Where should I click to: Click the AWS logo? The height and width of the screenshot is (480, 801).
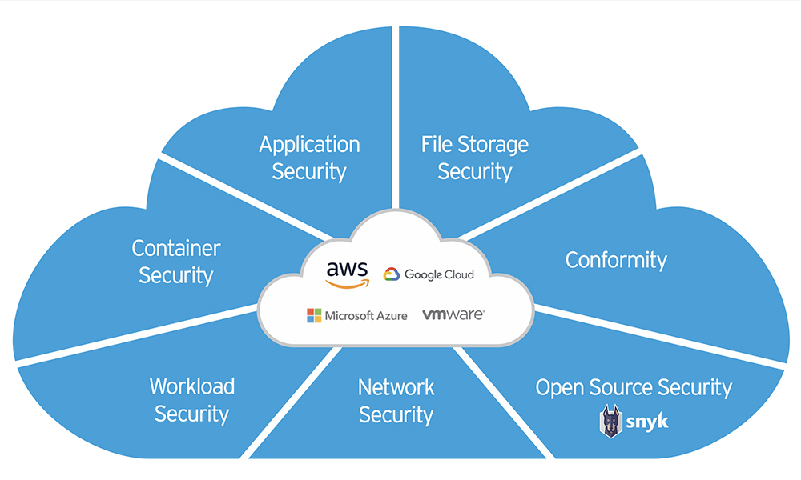(348, 274)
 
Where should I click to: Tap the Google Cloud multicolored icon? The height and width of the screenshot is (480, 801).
(392, 274)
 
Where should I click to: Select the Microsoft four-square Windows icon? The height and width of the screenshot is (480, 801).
(314, 315)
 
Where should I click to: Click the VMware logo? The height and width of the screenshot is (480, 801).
(453, 314)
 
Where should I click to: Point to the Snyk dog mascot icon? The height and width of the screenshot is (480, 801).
(610, 422)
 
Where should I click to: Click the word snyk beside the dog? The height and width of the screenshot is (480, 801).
(647, 422)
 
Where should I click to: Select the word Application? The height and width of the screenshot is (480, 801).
(309, 145)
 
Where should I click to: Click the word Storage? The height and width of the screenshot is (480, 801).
(493, 146)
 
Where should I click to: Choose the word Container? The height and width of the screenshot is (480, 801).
(176, 249)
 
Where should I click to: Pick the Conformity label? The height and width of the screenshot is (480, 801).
(616, 261)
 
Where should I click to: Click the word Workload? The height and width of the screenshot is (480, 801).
(192, 386)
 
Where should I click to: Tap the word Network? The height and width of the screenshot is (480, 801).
(396, 387)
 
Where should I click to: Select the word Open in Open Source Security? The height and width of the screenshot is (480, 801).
(560, 388)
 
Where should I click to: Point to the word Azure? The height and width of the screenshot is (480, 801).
(392, 316)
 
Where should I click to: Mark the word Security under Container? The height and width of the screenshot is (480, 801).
(176, 275)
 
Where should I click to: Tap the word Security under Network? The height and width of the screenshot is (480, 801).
(396, 414)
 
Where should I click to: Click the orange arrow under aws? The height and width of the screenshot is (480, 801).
(348, 284)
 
